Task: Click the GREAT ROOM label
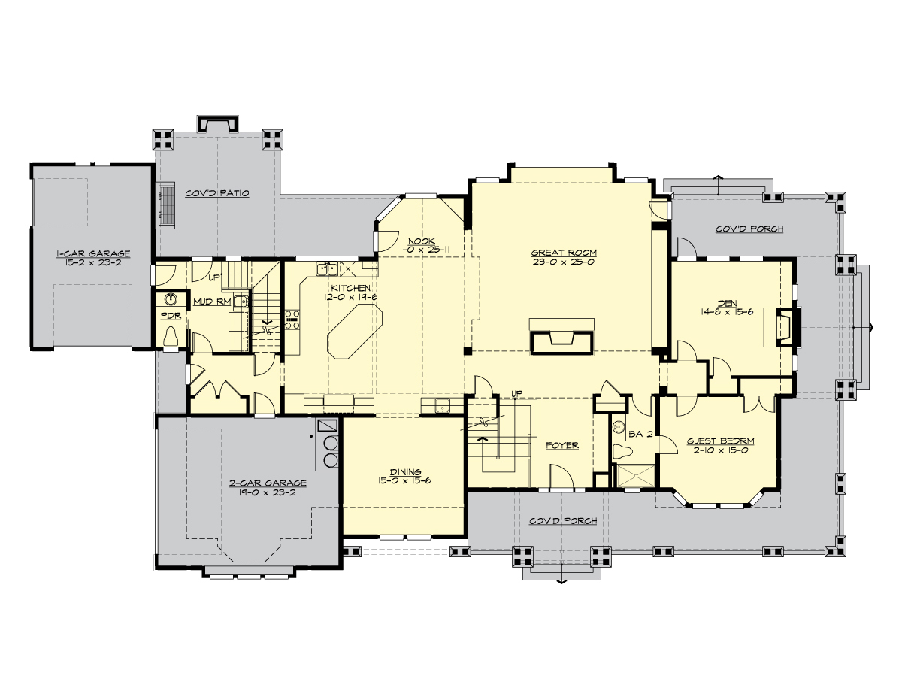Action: tap(564, 253)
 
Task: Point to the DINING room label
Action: tap(405, 471)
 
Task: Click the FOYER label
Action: tap(562, 445)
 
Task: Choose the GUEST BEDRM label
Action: tap(720, 441)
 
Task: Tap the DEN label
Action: tap(726, 304)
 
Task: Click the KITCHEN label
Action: tap(350, 288)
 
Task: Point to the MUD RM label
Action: tap(211, 302)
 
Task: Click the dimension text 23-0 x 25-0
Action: tap(564, 262)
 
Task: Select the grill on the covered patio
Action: tap(165, 204)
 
